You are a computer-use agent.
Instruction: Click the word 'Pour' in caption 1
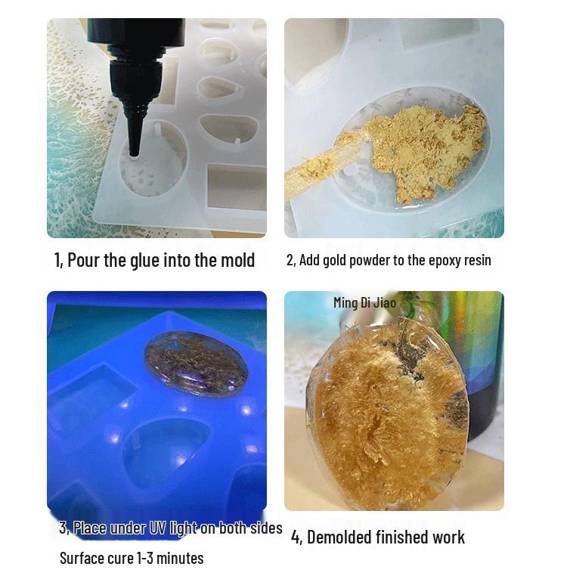[x=83, y=260]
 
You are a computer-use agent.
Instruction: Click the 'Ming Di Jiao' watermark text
[x=364, y=302]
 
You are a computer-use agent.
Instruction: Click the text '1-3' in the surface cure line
[x=149, y=559]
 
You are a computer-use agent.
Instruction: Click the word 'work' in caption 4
[x=448, y=537]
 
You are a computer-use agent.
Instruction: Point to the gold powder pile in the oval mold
[x=423, y=148]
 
